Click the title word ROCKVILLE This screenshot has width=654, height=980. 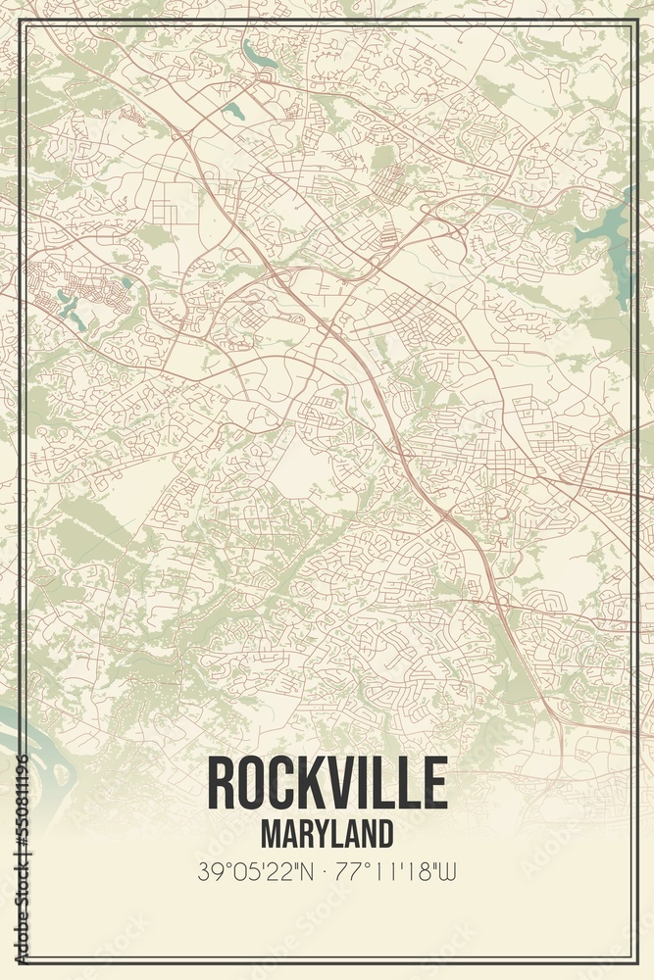(327, 785)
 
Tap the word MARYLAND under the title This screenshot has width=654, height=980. (327, 833)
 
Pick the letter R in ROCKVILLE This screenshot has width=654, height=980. (222, 785)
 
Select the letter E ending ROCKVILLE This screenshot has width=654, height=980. (435, 785)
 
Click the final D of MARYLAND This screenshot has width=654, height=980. (384, 833)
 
